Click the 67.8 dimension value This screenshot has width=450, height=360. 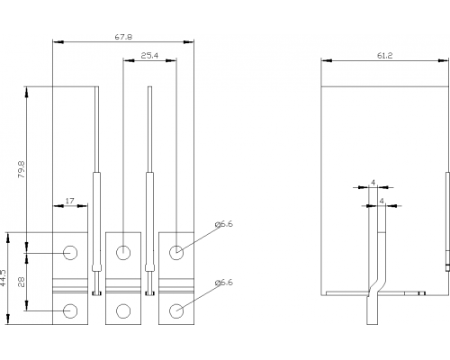click(x=123, y=37)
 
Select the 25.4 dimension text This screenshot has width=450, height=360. click(x=149, y=56)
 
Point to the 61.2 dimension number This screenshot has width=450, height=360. click(x=384, y=56)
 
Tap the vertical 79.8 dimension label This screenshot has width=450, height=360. click(x=22, y=169)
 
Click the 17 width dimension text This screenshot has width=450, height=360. click(x=69, y=201)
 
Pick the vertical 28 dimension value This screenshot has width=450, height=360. click(x=22, y=282)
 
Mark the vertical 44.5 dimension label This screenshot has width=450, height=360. click(x=3, y=277)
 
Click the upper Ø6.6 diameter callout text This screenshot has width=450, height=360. click(x=224, y=224)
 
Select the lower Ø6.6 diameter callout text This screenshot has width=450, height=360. click(x=224, y=283)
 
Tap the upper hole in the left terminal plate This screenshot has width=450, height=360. click(x=70, y=253)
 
